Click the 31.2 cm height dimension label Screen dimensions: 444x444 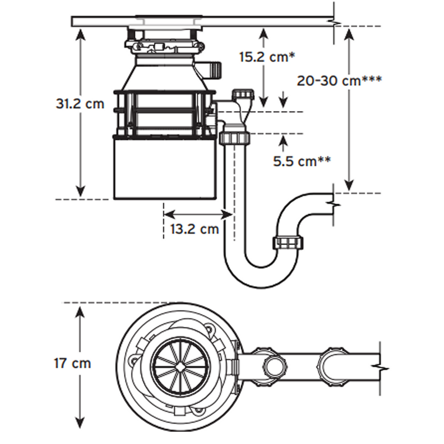[80, 104]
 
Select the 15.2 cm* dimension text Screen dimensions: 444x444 [267, 57]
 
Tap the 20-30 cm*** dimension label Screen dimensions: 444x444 [339, 81]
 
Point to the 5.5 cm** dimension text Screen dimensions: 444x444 [302, 161]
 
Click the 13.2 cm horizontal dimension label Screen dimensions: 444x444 [194, 229]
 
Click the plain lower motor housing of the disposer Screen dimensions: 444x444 [165, 169]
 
